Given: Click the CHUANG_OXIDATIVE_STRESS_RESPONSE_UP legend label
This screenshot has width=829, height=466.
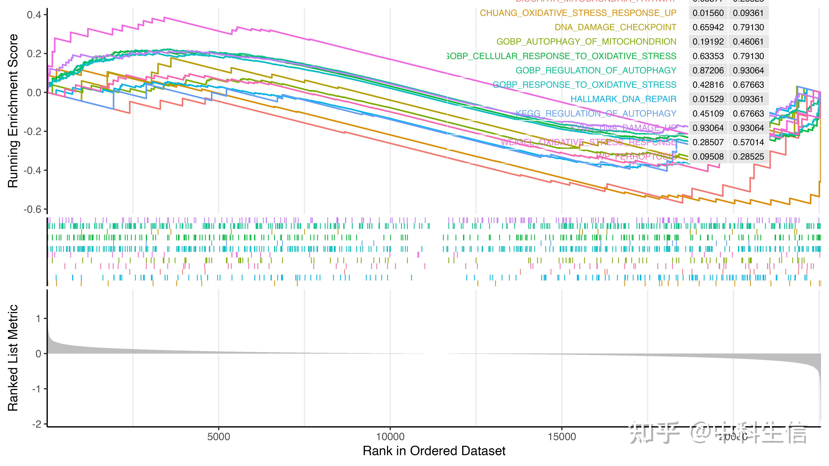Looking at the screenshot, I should (578, 13).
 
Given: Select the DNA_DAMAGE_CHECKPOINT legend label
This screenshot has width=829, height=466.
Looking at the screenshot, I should (615, 27).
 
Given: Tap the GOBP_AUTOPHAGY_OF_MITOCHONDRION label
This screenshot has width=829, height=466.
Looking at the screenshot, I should (586, 42).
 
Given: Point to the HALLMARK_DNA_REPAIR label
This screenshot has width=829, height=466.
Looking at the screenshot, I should (623, 99).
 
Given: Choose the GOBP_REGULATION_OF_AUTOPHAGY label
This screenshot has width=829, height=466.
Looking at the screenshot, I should (596, 70).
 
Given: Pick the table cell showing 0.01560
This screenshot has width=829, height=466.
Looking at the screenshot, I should (708, 13).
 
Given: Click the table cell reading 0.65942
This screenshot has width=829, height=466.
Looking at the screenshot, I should (708, 27).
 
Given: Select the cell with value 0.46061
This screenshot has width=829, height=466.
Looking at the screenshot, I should (748, 42).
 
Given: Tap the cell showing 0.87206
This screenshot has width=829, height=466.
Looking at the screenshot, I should (708, 70).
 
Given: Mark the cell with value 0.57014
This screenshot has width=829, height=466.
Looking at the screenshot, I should (748, 142).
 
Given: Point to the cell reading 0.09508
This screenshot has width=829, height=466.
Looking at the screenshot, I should (708, 157).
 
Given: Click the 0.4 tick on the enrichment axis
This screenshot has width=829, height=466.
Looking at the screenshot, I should (34, 15).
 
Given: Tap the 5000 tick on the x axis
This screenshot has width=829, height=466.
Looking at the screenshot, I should (219, 437).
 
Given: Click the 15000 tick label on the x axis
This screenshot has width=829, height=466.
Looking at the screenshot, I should (562, 437).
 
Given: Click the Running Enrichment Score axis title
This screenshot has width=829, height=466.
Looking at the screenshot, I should (13, 111).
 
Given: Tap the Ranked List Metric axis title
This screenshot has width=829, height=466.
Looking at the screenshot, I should (13, 358).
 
